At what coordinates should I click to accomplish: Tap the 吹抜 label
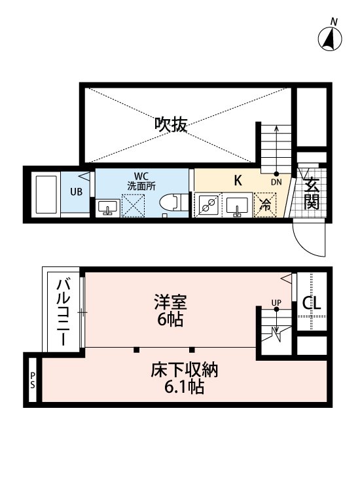[x=171, y=124]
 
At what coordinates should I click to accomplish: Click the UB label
[x=77, y=192]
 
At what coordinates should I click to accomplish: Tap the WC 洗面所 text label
[x=141, y=181]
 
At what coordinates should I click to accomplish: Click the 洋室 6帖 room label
[x=171, y=311]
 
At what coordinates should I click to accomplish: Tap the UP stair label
[x=276, y=302]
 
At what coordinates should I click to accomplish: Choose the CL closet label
[x=312, y=304]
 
